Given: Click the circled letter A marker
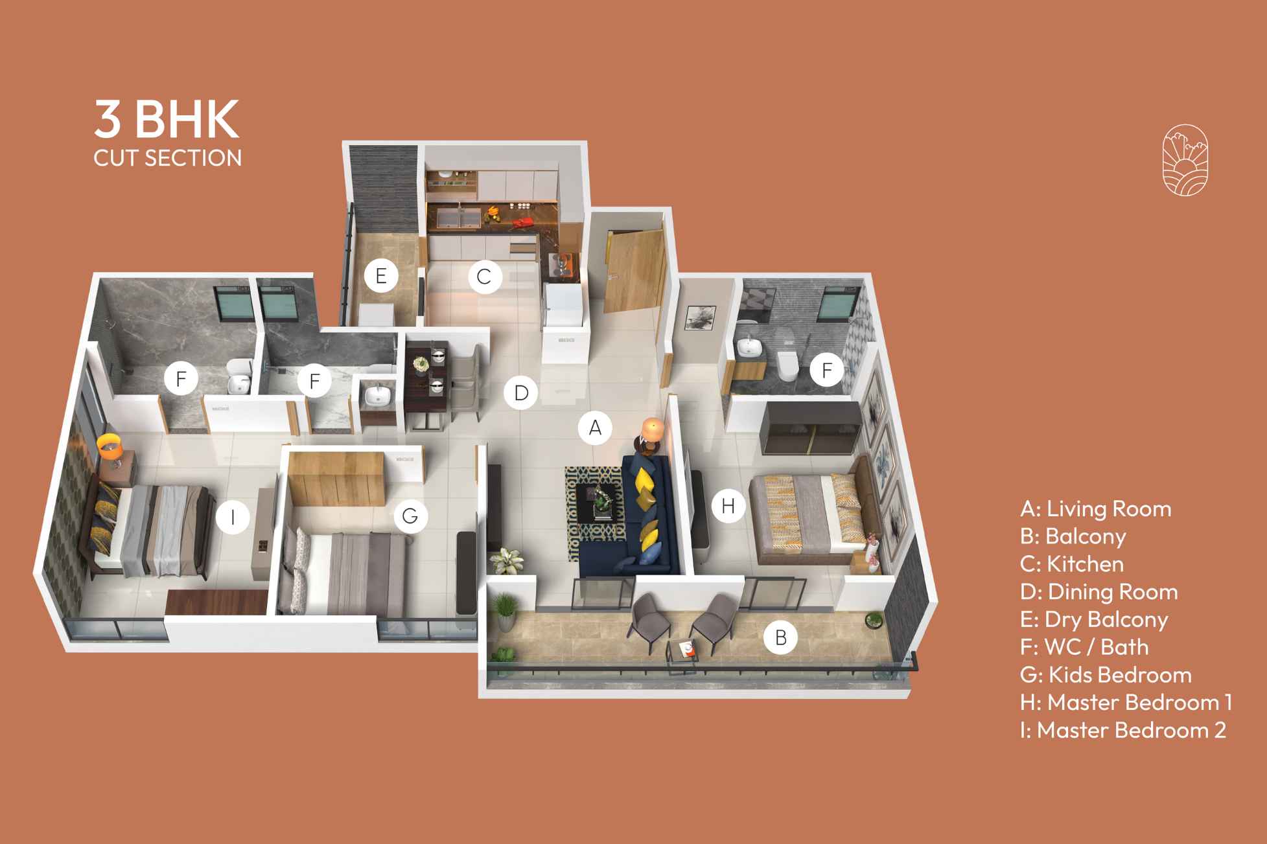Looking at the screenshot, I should click(595, 427).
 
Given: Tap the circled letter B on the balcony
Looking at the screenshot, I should click(780, 637).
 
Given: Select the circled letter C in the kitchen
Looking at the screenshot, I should click(483, 277).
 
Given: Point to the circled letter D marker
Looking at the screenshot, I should click(521, 393).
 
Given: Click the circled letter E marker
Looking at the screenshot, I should click(380, 276).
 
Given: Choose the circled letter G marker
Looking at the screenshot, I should click(410, 516).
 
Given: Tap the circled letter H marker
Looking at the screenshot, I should click(728, 505).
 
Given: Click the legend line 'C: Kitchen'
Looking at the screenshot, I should click(1072, 564).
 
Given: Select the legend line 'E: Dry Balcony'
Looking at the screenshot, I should click(1094, 619).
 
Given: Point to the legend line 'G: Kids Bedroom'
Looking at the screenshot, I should click(1106, 674).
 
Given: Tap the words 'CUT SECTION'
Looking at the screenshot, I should click(167, 158).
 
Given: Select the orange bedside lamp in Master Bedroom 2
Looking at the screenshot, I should click(110, 445).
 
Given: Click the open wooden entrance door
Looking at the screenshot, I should click(632, 272).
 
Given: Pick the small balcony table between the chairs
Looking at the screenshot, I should click(684, 649).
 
